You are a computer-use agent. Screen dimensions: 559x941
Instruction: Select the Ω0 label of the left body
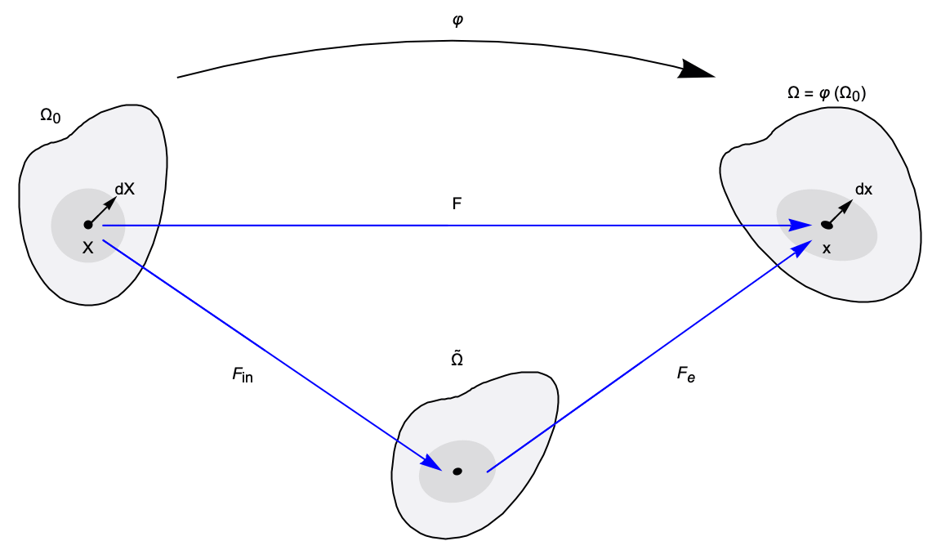(50, 117)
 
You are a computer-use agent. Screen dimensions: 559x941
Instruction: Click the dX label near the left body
(124, 189)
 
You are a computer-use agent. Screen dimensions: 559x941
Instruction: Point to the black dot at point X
(87, 225)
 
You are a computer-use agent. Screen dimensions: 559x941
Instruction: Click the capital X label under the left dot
(87, 248)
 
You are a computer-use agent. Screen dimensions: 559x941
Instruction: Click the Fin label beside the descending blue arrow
(243, 377)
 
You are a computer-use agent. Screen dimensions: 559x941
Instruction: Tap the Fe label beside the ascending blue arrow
(685, 377)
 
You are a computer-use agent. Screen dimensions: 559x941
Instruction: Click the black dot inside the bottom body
(457, 471)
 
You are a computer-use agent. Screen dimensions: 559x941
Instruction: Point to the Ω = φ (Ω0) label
(827, 94)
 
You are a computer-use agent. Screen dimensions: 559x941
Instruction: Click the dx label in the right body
(863, 190)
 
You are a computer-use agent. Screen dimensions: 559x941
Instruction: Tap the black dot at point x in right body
(826, 225)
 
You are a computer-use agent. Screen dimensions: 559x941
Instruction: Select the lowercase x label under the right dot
(826, 248)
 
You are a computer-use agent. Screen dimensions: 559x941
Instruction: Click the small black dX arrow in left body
(103, 210)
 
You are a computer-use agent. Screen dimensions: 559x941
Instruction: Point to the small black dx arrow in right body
(841, 210)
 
